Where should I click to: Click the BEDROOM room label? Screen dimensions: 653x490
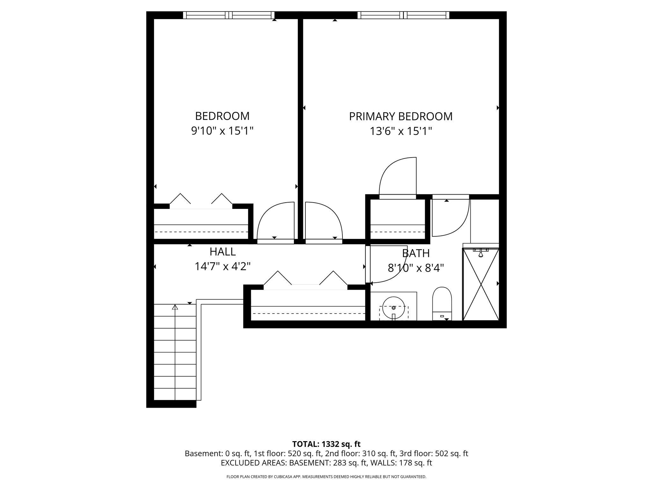click(x=222, y=116)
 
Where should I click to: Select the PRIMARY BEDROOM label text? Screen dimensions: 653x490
click(x=401, y=116)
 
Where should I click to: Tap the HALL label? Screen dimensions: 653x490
click(x=223, y=252)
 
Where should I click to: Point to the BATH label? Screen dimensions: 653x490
click(x=416, y=253)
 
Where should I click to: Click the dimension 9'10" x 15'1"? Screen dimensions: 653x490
click(x=222, y=131)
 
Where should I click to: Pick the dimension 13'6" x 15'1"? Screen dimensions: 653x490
click(x=401, y=131)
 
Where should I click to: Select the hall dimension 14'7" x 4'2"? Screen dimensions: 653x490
click(x=223, y=266)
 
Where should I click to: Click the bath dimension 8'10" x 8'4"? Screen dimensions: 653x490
click(x=416, y=268)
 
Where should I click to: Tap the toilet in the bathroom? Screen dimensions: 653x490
click(x=442, y=304)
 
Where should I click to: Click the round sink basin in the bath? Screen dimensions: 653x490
click(x=393, y=308)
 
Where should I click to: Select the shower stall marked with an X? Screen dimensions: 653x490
click(x=481, y=284)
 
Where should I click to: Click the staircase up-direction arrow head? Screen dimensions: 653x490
click(x=175, y=307)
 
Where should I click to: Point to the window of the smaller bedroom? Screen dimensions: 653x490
click(x=229, y=15)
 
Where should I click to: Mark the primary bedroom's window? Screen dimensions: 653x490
click(x=403, y=15)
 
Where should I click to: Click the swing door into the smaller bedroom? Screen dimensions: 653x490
click(x=275, y=223)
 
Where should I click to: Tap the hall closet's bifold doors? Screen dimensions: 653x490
click(x=305, y=280)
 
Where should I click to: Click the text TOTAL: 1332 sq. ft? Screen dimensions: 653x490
click(x=326, y=444)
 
